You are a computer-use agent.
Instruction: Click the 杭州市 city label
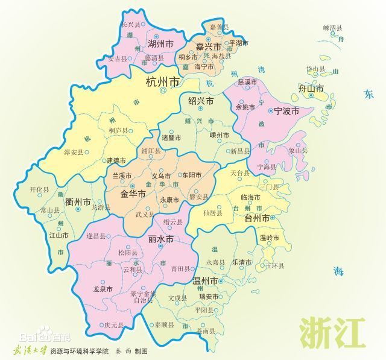click(x=163, y=83)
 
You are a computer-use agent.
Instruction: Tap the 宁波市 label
click(x=286, y=111)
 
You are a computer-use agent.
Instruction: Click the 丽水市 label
click(x=160, y=239)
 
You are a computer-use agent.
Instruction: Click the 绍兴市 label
click(x=201, y=101)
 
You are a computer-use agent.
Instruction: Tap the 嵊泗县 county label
click(x=332, y=28)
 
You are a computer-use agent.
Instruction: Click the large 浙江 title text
click(x=332, y=330)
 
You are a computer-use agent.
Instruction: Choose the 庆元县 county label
click(x=113, y=324)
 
